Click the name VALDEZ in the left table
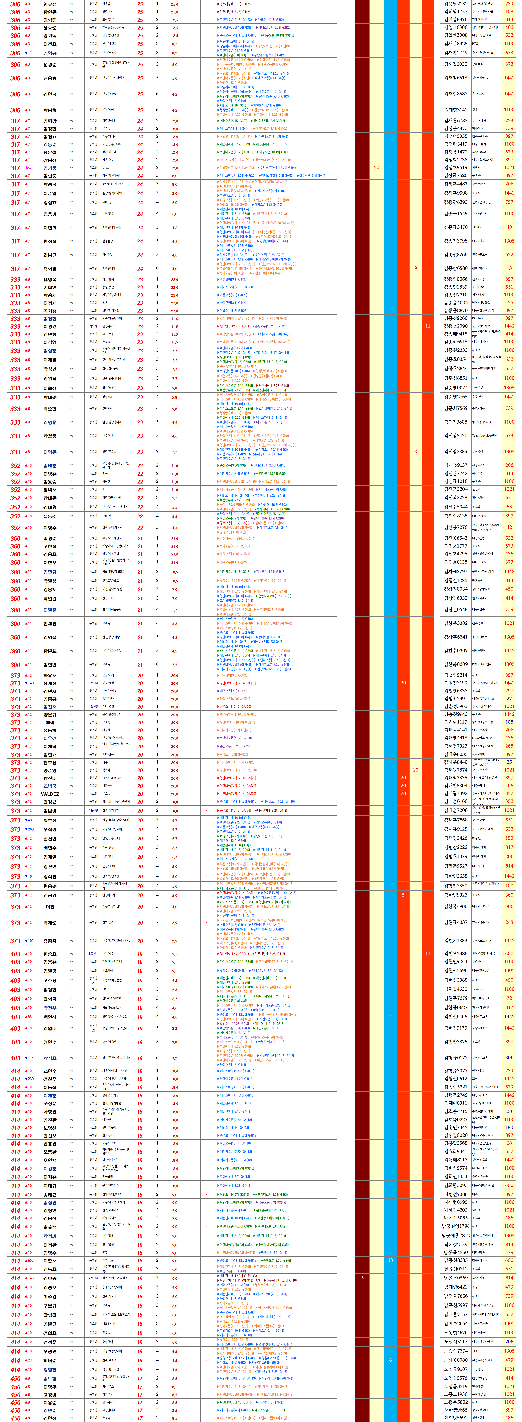pyautogui.click(x=50, y=794)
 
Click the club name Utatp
pyautogui.click(x=106, y=168)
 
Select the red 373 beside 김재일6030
pyautogui.click(x=509, y=64)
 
